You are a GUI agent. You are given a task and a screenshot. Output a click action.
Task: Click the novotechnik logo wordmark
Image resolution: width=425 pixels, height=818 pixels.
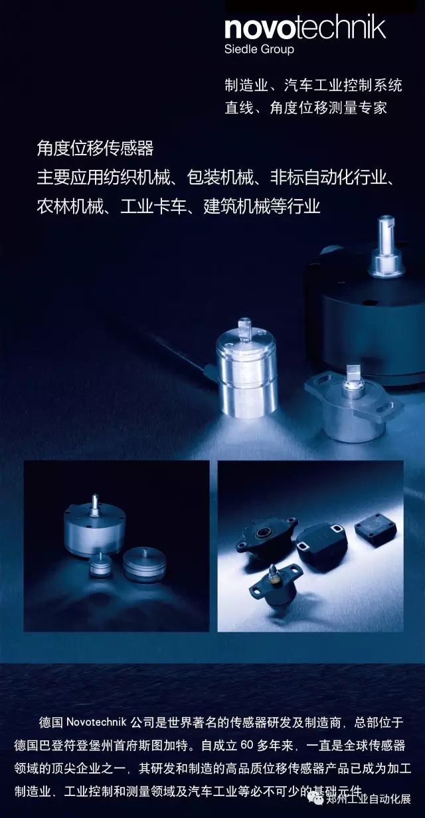click(305, 28)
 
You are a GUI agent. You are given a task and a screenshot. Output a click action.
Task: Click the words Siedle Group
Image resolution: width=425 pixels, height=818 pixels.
click(259, 49)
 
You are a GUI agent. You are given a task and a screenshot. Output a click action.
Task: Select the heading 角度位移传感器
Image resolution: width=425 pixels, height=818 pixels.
click(95, 147)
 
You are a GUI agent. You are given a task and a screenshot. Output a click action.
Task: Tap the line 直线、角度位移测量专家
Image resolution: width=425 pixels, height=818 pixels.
click(305, 107)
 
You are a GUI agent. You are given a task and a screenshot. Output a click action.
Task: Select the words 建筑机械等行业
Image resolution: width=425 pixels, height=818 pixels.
click(262, 206)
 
